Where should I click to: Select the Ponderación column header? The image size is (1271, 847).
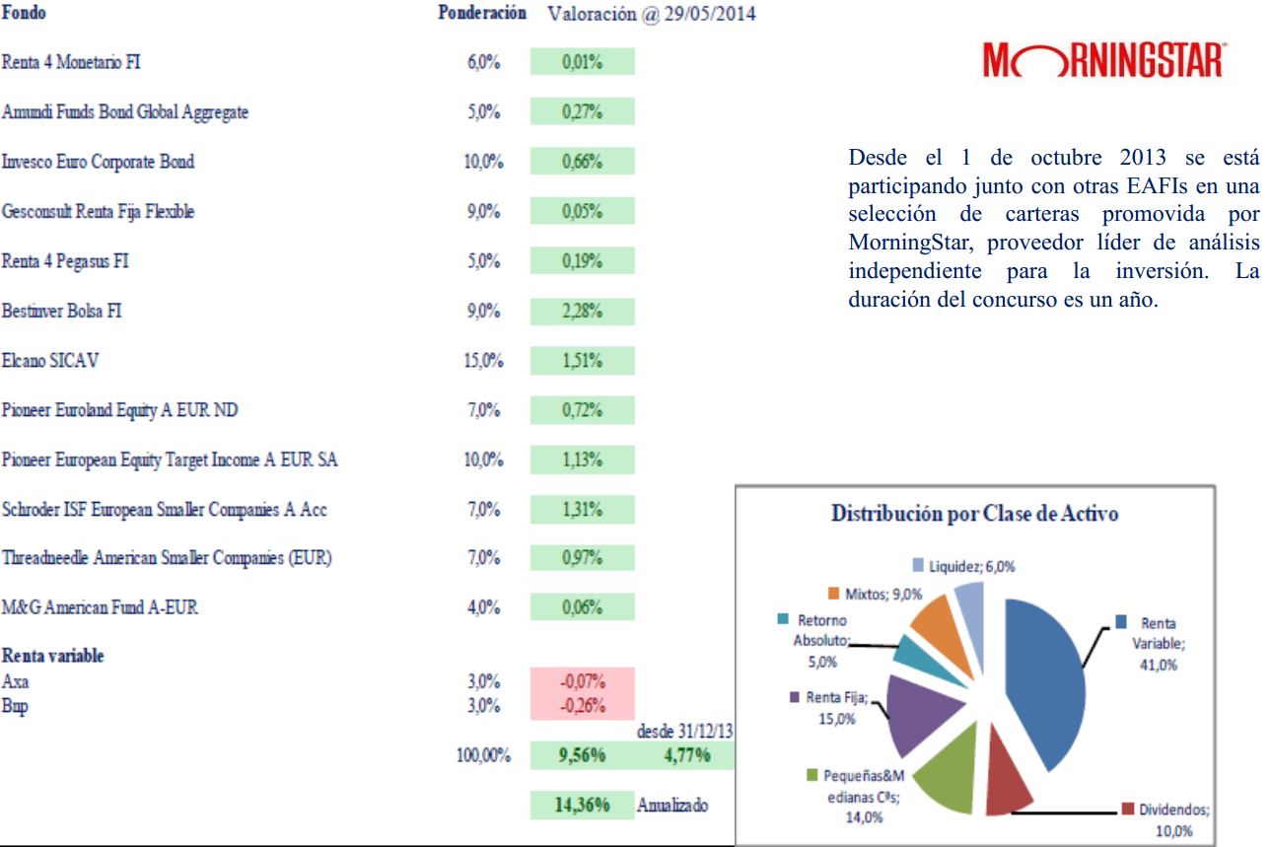[480, 15]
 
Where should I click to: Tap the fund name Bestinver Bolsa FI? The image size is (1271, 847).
[61, 311]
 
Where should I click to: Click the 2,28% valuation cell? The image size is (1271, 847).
[582, 311]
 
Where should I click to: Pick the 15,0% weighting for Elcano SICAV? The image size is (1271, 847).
[483, 361]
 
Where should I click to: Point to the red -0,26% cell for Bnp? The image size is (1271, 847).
[582, 706]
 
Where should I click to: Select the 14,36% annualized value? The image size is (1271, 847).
[582, 805]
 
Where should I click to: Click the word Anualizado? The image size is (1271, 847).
[672, 805]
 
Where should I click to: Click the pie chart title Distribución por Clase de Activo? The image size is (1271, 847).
[974, 514]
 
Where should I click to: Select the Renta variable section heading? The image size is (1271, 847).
[52, 657]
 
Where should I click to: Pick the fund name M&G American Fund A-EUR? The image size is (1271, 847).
[100, 607]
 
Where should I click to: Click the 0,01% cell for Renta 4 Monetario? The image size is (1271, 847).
[582, 62]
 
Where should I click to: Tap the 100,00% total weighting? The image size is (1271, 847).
[482, 756]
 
